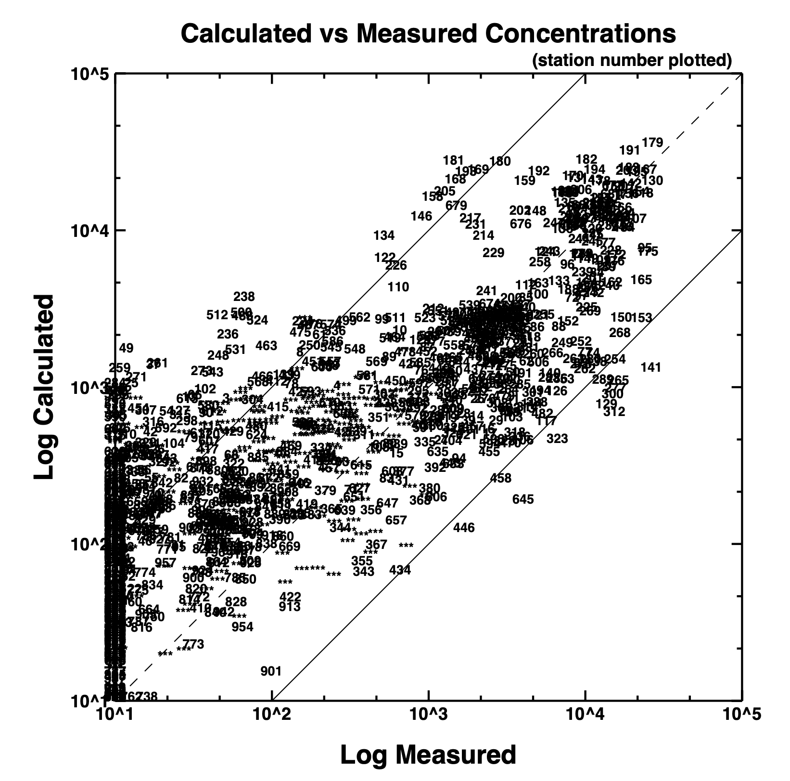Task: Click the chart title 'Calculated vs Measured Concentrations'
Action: click(x=428, y=34)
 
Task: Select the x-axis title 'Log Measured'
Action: click(x=428, y=755)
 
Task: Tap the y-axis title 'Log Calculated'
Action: click(x=44, y=387)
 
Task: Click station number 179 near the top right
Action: click(x=652, y=143)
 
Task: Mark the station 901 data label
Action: click(x=271, y=671)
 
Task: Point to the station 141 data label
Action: click(x=651, y=367)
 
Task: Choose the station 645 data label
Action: click(x=523, y=499)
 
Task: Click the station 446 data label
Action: click(x=464, y=528)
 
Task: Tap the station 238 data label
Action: click(x=244, y=297)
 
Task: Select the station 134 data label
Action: click(x=384, y=235)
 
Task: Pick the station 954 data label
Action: click(x=242, y=626)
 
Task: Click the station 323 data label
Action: click(x=557, y=439)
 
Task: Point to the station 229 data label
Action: click(x=493, y=253)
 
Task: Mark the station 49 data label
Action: click(x=126, y=348)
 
